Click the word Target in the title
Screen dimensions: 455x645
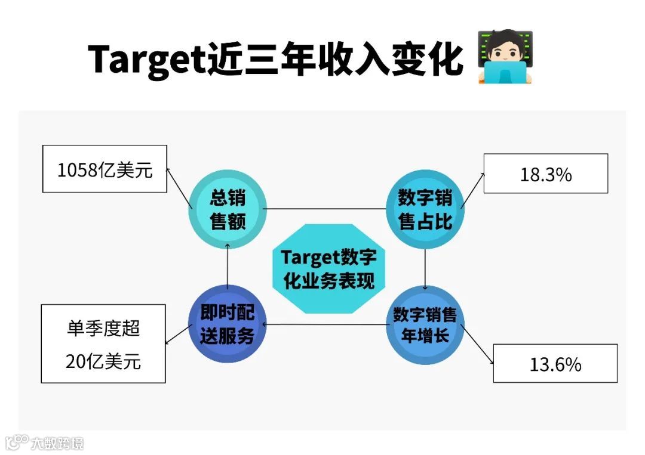click(147, 60)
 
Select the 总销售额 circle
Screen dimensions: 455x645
click(228, 209)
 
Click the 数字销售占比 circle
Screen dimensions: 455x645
click(425, 209)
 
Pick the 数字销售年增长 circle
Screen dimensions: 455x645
click(425, 325)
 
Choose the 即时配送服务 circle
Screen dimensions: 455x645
click(227, 325)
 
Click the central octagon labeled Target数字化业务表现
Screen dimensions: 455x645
click(328, 268)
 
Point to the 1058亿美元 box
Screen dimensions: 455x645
click(105, 169)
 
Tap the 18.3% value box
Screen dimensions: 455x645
click(545, 174)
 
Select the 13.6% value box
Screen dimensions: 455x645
click(555, 363)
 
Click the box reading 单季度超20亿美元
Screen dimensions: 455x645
click(103, 343)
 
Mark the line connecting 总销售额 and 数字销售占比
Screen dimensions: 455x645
click(325, 209)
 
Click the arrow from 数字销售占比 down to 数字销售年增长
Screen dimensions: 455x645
click(425, 268)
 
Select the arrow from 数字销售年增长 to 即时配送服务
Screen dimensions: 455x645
click(325, 325)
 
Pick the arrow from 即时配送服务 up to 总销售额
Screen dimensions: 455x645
click(228, 268)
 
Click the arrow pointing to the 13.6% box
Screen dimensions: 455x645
click(478, 346)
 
